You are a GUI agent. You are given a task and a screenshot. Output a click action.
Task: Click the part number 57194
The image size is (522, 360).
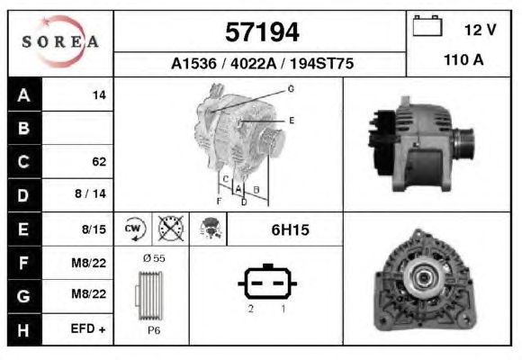(262, 32)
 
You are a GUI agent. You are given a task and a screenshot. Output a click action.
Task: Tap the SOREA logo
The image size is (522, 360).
(60, 41)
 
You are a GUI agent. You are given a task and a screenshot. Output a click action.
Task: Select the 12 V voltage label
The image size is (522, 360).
(481, 30)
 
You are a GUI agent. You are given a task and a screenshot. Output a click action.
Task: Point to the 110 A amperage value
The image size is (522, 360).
(463, 60)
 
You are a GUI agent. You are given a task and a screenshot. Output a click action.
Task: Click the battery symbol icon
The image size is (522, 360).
(427, 25)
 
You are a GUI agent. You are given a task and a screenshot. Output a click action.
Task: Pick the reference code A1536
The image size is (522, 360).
(193, 63)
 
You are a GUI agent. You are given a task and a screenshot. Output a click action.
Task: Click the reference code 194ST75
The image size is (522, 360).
(321, 63)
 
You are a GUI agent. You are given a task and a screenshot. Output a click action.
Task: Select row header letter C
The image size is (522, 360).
(23, 161)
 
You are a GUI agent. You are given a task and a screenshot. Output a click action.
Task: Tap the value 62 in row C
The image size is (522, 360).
(99, 161)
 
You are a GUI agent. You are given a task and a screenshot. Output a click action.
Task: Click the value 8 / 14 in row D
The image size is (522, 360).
(90, 193)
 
